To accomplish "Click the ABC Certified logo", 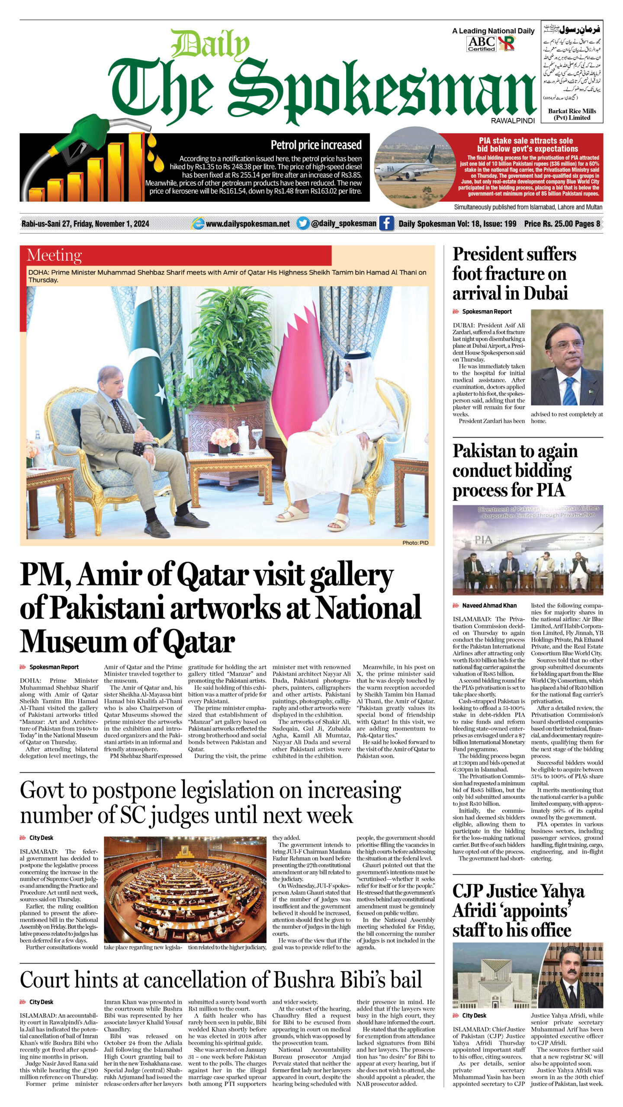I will point(481,44).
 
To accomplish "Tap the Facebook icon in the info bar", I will point(386,224).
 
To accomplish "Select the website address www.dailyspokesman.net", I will point(247,224).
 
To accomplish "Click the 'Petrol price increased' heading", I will point(316,145).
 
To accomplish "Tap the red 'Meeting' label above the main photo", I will point(55,255).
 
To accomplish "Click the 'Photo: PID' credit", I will point(415,542).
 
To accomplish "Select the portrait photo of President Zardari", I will point(567,357).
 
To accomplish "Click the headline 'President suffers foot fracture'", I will point(514,273).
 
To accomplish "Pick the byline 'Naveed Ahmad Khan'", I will point(489,606).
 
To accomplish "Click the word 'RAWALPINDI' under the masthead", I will point(513,121).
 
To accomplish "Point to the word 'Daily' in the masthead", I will point(211,45).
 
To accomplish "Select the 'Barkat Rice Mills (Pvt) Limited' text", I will point(572,114).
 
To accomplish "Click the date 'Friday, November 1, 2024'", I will point(111,224).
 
